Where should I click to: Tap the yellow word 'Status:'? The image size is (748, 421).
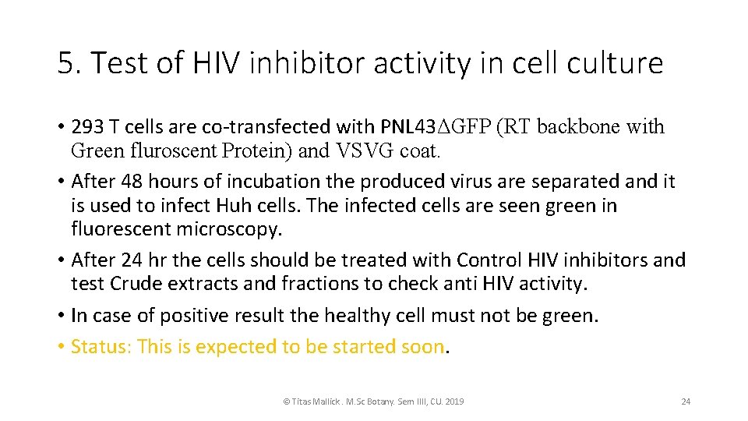pyautogui.click(x=101, y=346)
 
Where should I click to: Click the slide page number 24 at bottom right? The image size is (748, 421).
pyautogui.click(x=686, y=402)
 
